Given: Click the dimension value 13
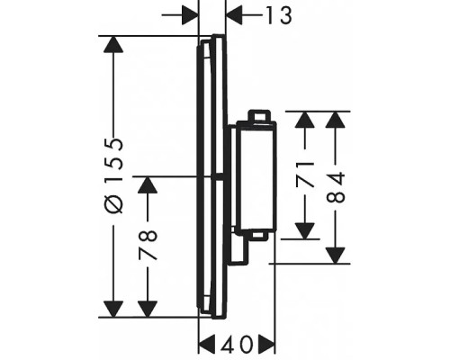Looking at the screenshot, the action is pyautogui.click(x=279, y=15).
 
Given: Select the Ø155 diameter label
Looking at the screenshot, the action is pyautogui.click(x=114, y=175).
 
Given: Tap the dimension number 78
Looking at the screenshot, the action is pyautogui.click(x=148, y=246).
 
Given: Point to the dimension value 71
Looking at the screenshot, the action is pyautogui.click(x=304, y=174).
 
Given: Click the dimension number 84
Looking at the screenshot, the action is pyautogui.click(x=336, y=187).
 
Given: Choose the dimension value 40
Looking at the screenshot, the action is pyautogui.click(x=237, y=344).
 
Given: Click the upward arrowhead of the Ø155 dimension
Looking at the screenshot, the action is pyautogui.click(x=112, y=44).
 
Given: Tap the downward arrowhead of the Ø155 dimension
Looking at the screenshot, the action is pyautogui.click(x=112, y=309).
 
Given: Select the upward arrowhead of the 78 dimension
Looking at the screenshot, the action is pyautogui.click(x=148, y=184).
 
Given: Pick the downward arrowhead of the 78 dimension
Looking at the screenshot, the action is pyautogui.click(x=148, y=309).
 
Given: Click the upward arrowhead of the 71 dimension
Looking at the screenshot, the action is pyautogui.click(x=305, y=120).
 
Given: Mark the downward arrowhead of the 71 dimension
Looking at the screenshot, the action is pyautogui.click(x=305, y=231).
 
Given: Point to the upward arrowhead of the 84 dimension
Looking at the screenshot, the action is pyautogui.click(x=335, y=120).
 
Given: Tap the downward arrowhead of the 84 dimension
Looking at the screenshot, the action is pyautogui.click(x=335, y=256).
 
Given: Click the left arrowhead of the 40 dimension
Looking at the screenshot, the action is pyautogui.click(x=207, y=344).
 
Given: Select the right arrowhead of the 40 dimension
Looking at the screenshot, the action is pyautogui.click(x=266, y=344).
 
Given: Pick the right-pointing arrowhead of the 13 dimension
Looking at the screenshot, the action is pyautogui.click(x=190, y=14).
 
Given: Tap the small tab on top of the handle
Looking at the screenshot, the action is pyautogui.click(x=258, y=115).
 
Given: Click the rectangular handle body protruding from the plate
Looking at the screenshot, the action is pyautogui.click(x=256, y=177).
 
